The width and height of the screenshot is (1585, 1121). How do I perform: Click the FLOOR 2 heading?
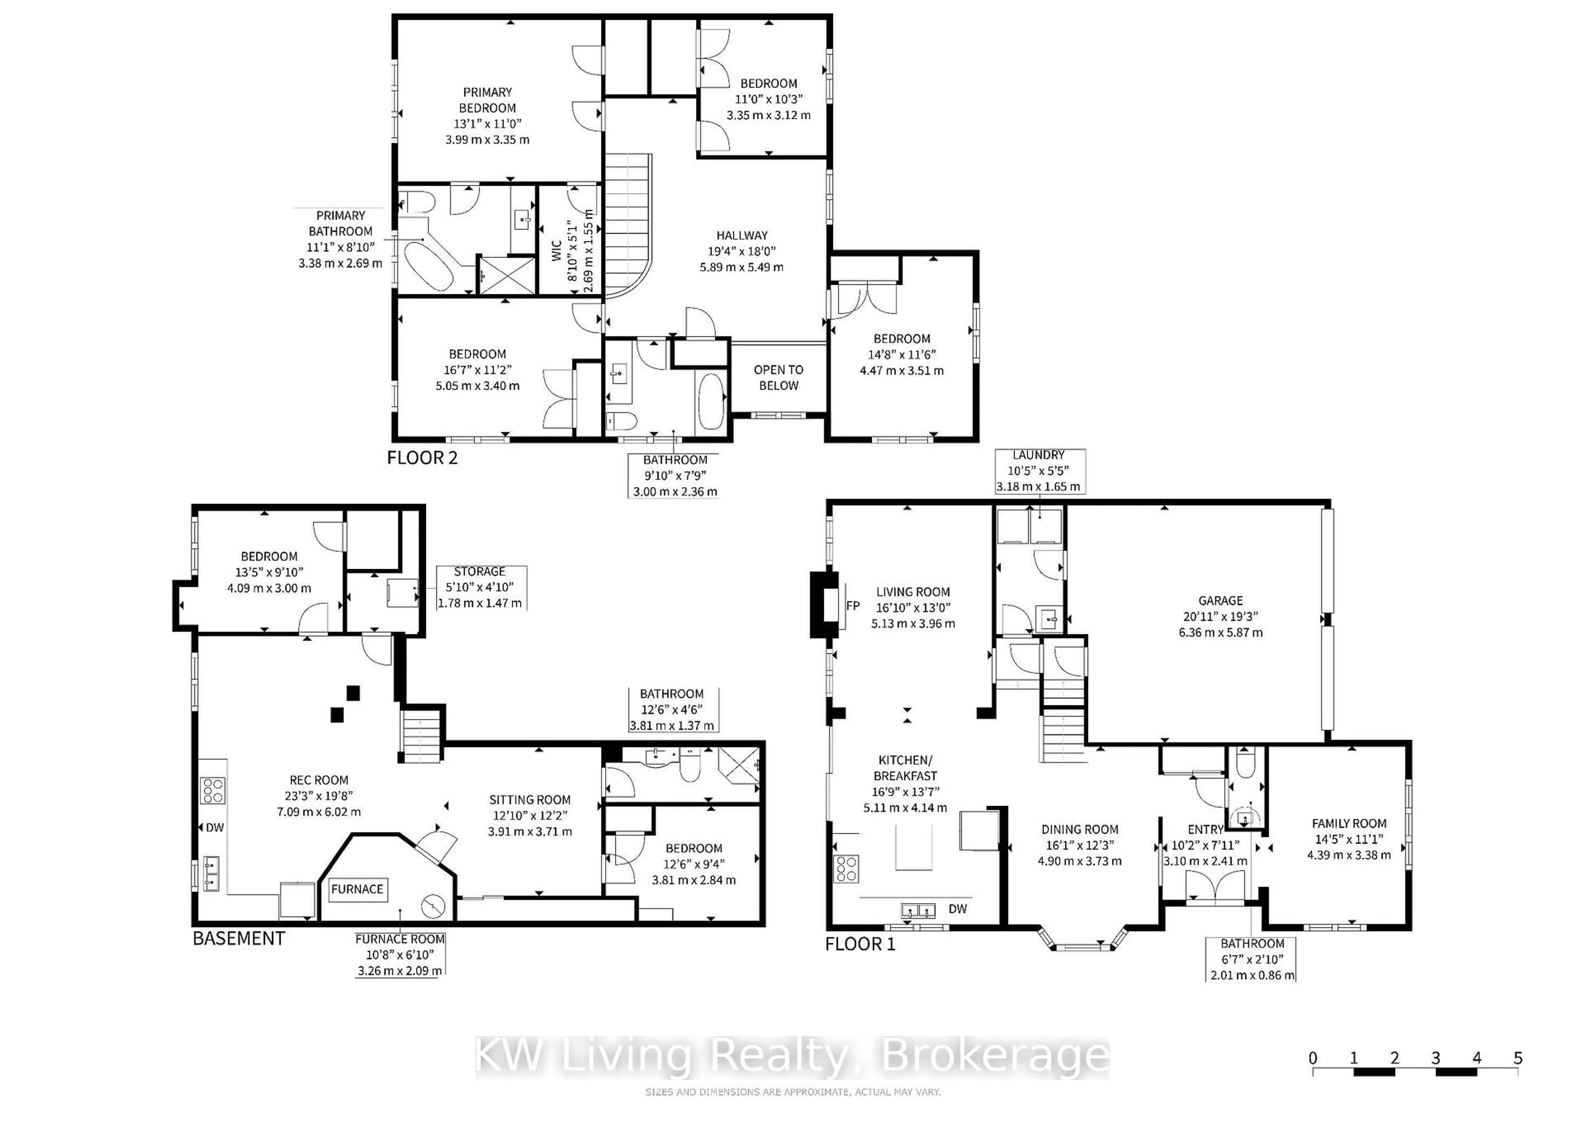point(422,458)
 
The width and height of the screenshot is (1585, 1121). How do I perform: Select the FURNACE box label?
point(357,889)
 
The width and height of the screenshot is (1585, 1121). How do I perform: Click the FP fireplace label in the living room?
point(853,605)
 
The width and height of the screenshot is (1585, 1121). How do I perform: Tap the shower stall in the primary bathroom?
point(507,275)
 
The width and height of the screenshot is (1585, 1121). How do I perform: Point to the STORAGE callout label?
point(479,572)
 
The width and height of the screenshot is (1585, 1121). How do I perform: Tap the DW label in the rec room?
point(215,828)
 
